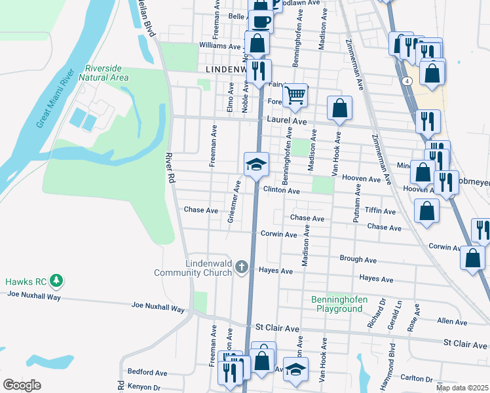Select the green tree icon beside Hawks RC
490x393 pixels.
[57, 282]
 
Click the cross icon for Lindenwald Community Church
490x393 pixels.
[242, 267]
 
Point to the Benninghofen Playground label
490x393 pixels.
[339, 303]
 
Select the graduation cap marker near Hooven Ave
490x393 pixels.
[256, 164]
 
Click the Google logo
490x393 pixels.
[22, 384]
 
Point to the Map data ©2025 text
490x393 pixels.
[461, 388]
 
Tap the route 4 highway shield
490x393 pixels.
[407, 81]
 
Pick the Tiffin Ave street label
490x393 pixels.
[380, 212]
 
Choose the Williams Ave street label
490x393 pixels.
[221, 47]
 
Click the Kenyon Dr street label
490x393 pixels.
[143, 387]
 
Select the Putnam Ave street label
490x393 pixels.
[357, 204]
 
